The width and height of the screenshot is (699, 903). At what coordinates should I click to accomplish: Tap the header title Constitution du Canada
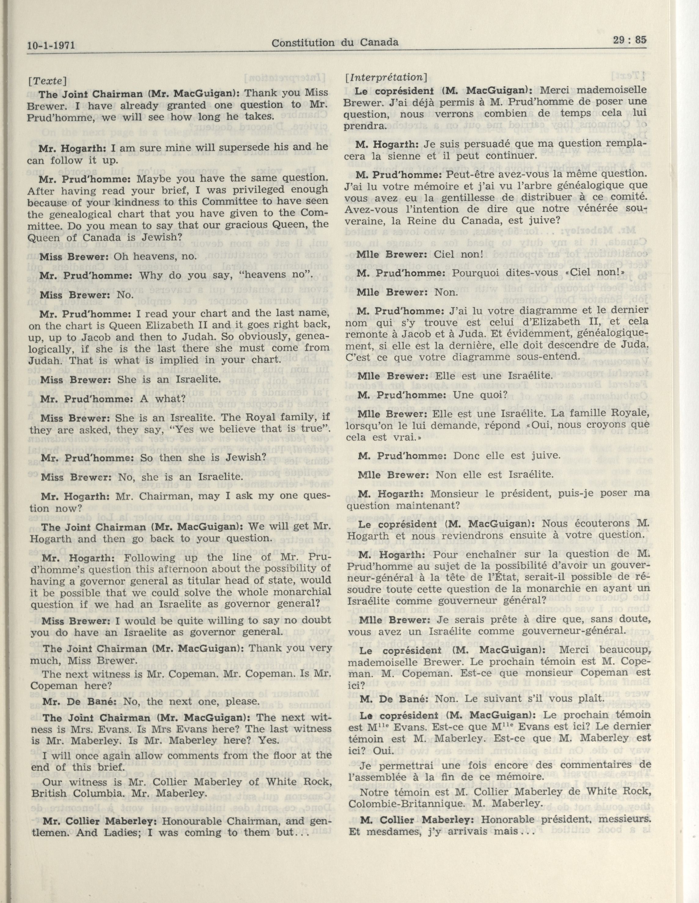pos(335,42)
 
